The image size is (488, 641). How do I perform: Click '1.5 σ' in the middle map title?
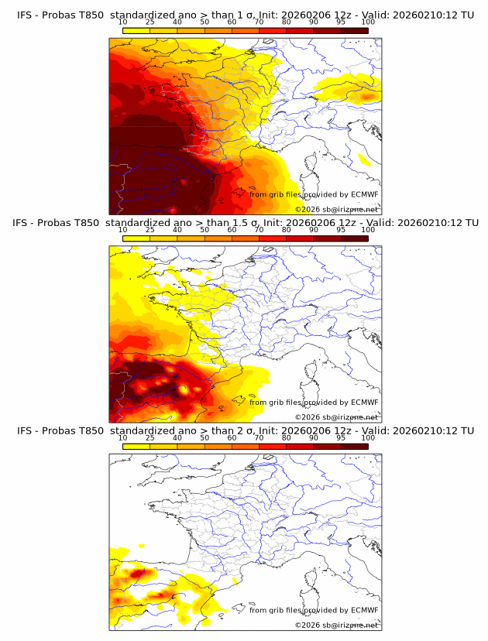point(247,222)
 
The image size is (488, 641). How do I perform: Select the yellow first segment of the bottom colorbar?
point(136,446)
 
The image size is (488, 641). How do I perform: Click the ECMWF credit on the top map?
point(314,194)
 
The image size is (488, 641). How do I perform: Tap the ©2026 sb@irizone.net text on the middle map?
point(336,416)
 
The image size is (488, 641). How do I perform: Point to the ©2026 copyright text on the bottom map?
point(336,625)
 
